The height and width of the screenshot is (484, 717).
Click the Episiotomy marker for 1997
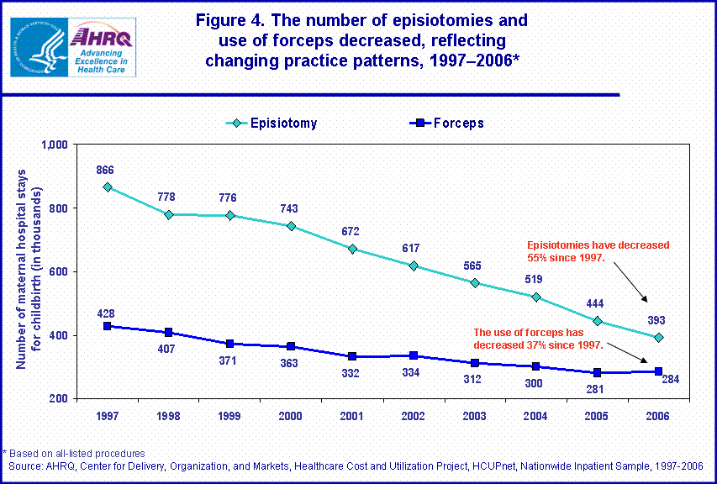tap(108, 187)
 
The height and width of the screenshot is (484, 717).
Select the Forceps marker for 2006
tap(659, 371)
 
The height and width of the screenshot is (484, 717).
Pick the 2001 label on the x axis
tap(352, 415)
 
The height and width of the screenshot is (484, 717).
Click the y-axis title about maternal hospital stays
tap(30, 271)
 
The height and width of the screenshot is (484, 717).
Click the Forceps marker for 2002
tap(414, 355)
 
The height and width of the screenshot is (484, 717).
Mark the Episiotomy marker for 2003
tap(475, 282)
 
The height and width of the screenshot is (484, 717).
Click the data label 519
tap(535, 279)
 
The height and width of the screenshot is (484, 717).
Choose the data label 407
tap(169, 349)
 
